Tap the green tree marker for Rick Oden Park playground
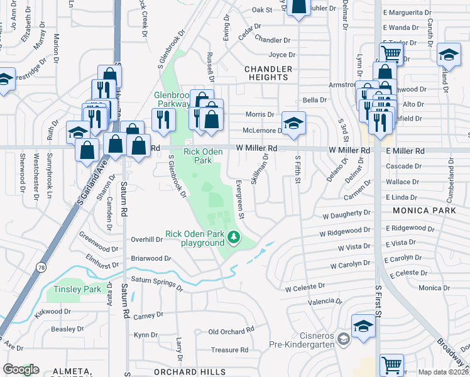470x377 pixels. click(234, 238)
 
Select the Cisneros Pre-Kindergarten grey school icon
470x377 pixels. click(343, 340)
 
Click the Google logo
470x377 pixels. click(21, 369)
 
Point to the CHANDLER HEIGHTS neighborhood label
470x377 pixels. click(266, 72)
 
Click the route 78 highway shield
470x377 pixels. click(41, 250)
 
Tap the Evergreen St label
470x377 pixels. click(239, 199)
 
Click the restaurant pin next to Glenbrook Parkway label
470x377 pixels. click(164, 119)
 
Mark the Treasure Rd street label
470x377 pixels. click(230, 350)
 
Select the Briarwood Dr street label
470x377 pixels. click(151, 258)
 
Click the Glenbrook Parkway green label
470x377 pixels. click(172, 99)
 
